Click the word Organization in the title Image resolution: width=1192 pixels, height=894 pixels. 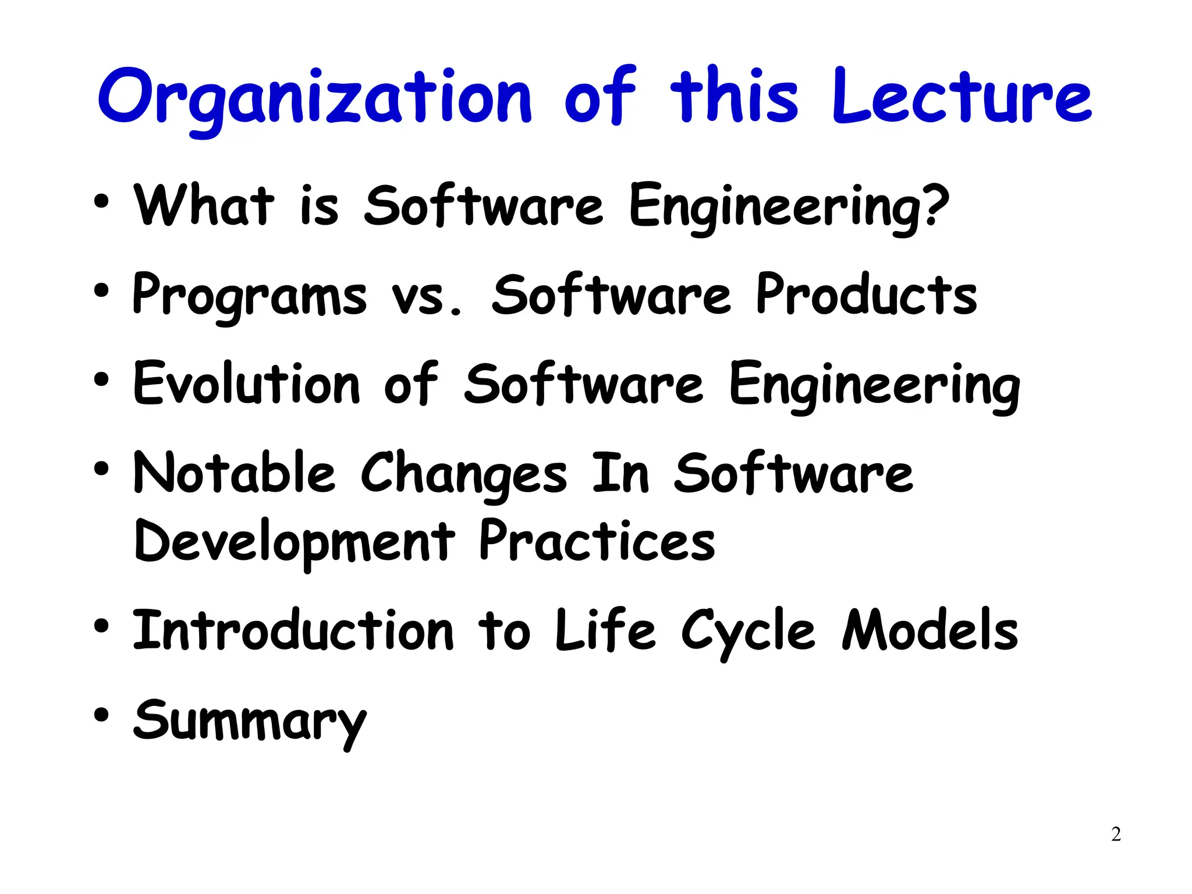pos(314,98)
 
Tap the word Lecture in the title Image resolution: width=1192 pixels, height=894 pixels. pos(962,98)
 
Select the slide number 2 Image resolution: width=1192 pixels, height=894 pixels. pos(1116,834)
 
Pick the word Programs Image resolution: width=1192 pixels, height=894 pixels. pos(249,296)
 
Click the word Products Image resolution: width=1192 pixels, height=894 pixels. pos(866,296)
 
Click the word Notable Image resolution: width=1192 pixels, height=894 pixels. pos(234,473)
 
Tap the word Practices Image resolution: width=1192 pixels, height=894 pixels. pos(597,541)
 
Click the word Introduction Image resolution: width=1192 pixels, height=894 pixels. pos(293,631)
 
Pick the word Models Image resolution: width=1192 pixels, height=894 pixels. pos(930,631)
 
